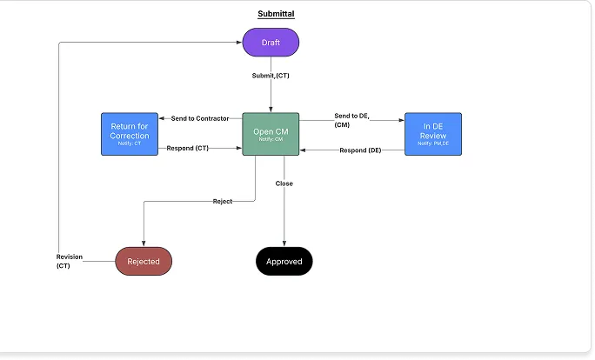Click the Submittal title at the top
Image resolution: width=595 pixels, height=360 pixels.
point(275,14)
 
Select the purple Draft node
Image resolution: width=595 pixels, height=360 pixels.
point(271,42)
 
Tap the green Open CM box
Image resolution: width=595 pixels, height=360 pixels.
point(271,134)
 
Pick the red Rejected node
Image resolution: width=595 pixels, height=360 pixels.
point(144,261)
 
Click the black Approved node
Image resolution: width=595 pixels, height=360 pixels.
point(284,261)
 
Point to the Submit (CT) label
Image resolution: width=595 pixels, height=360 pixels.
point(271,77)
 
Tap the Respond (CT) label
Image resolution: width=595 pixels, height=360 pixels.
point(189,149)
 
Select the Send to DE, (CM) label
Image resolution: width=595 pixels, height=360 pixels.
point(353,120)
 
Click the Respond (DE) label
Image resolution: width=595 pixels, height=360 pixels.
point(360,150)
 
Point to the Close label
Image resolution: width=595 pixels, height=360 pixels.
point(284,183)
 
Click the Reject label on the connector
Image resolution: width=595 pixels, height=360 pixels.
point(223,202)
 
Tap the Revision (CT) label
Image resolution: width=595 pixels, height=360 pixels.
point(70,261)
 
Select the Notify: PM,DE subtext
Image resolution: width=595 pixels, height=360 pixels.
point(432,143)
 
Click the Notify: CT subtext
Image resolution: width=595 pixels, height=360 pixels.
point(130,143)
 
